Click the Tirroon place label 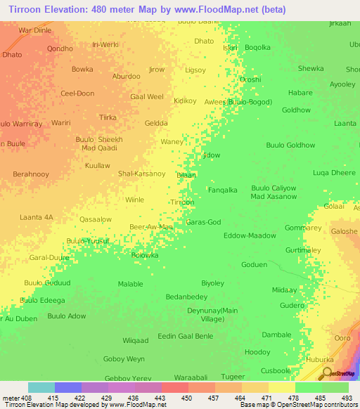pos(182,202)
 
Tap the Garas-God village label pos(203,222)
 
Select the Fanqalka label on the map pos(222,190)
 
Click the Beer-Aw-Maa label pos(151,227)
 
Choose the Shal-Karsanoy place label pos(141,174)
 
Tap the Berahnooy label pos(31,174)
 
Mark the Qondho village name pos(60,48)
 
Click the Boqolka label pos(257,48)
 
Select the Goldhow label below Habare pos(295,110)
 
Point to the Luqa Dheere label pos(334,172)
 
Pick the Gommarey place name pos(303,228)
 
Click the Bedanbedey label pos(186,297)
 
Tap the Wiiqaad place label pos(136,341)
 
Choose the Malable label pos(130,283)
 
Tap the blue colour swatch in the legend pos(68,387)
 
